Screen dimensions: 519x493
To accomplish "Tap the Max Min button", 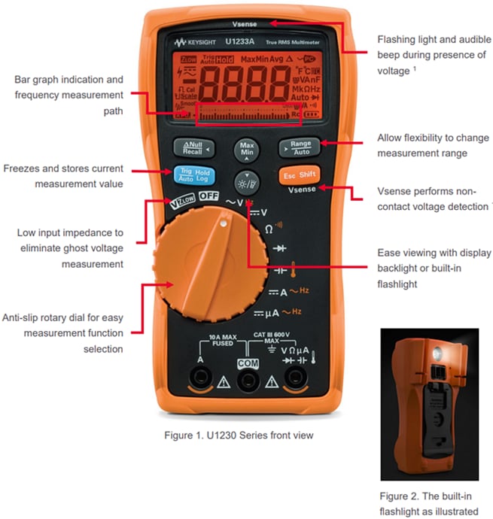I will coord(246,148).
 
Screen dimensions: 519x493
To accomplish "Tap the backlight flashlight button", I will coord(246,179).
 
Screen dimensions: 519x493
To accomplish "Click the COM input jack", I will coord(246,382).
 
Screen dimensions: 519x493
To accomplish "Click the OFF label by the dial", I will coord(208,196).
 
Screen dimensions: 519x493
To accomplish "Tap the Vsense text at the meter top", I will coord(245,23).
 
